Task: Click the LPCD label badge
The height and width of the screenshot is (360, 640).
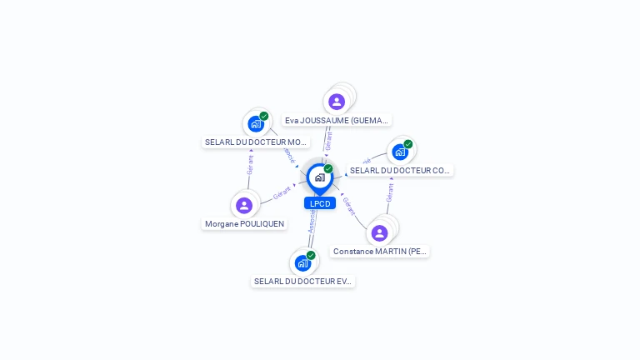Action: pyautogui.click(x=320, y=203)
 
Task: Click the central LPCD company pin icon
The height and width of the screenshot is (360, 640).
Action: pyautogui.click(x=319, y=177)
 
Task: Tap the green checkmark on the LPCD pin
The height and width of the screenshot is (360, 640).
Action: pyautogui.click(x=328, y=168)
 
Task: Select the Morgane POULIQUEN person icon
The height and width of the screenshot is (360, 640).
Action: pyautogui.click(x=244, y=205)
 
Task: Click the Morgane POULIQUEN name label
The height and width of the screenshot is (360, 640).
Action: pyautogui.click(x=244, y=224)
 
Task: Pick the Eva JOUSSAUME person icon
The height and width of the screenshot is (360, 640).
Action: pyautogui.click(x=337, y=102)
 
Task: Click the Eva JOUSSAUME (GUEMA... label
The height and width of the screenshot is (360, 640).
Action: pyautogui.click(x=337, y=121)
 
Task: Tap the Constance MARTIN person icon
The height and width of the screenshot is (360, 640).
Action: pyautogui.click(x=379, y=233)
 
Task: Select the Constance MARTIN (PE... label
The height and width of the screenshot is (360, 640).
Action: pyautogui.click(x=380, y=251)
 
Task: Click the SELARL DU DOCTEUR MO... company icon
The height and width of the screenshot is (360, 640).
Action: pyautogui.click(x=256, y=124)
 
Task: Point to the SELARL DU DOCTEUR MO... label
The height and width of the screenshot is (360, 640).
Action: pyautogui.click(x=256, y=142)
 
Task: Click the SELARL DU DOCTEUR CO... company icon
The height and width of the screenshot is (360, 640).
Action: pyautogui.click(x=400, y=152)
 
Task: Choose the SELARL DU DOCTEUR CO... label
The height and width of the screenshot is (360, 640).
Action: pyautogui.click(x=400, y=171)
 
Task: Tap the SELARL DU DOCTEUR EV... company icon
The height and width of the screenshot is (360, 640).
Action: pyautogui.click(x=302, y=263)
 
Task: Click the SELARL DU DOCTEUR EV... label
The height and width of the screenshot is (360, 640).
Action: pyautogui.click(x=303, y=282)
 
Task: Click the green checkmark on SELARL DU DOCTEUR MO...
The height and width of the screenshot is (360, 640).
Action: pyautogui.click(x=264, y=116)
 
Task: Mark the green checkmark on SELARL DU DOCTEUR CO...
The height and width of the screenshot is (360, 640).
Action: pyautogui.click(x=408, y=143)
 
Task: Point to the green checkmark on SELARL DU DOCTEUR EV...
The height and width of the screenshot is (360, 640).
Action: pyautogui.click(x=311, y=255)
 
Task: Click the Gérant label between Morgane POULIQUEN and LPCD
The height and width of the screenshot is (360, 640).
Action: pyautogui.click(x=282, y=193)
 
